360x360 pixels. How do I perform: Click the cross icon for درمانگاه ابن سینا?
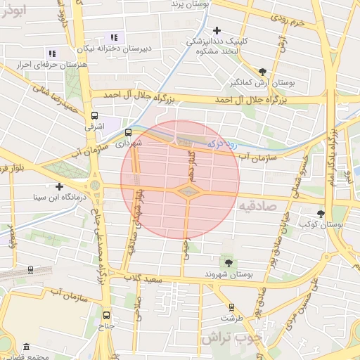60,187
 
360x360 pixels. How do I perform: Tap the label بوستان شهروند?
227,274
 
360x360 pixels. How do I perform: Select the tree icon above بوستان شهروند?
227,262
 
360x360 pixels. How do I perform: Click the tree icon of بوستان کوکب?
321,213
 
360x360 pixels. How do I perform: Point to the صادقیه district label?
259,207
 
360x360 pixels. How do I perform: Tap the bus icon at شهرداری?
128,131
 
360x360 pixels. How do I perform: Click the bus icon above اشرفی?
94,116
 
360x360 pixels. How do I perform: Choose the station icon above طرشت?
231,307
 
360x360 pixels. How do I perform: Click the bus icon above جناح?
106,315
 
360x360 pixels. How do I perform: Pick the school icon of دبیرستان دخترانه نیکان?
115,37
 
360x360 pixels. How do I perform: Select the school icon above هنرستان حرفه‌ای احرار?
51,53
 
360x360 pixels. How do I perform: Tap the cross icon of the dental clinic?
217,30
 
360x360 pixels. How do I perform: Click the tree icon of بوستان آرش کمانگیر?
262,72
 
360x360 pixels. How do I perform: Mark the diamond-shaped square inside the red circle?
188,191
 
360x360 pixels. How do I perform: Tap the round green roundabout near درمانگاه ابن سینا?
94,185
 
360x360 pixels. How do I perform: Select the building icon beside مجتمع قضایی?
26,347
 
